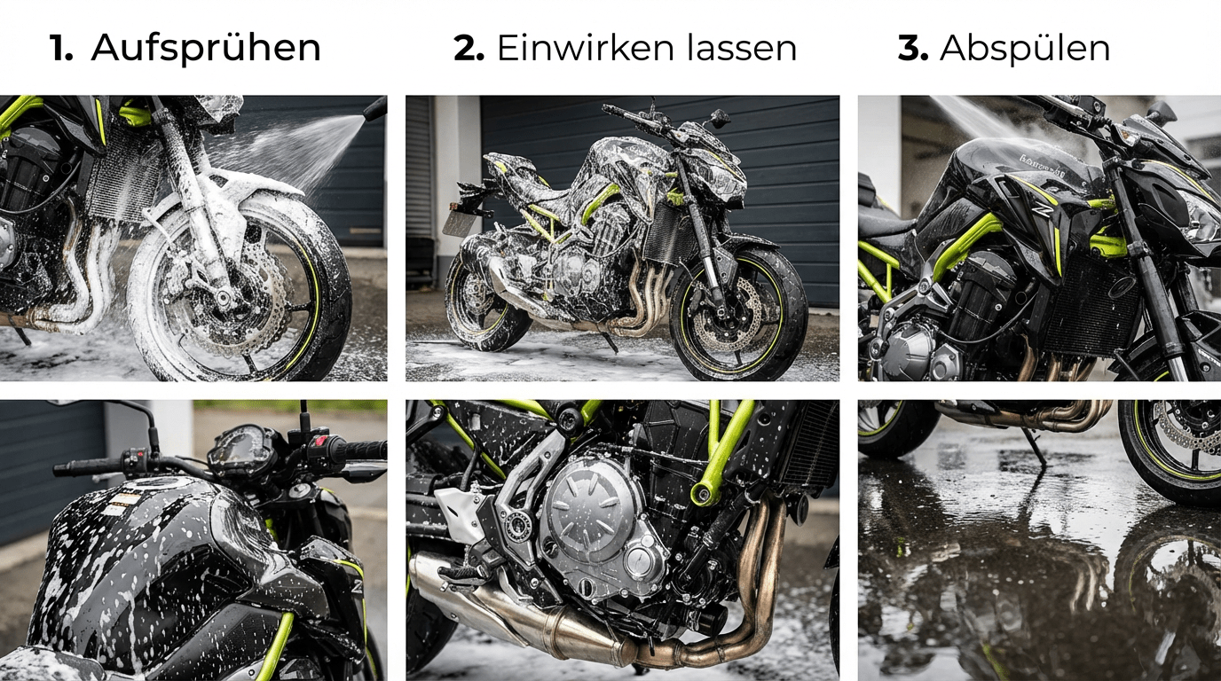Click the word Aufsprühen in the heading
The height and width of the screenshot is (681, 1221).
coord(206,49)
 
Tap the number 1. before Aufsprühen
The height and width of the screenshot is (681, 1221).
coord(61,48)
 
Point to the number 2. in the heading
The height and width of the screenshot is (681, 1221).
coord(469,48)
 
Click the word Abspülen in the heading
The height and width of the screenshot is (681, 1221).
coord(1025,49)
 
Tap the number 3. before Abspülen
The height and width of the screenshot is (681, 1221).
coord(913,48)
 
